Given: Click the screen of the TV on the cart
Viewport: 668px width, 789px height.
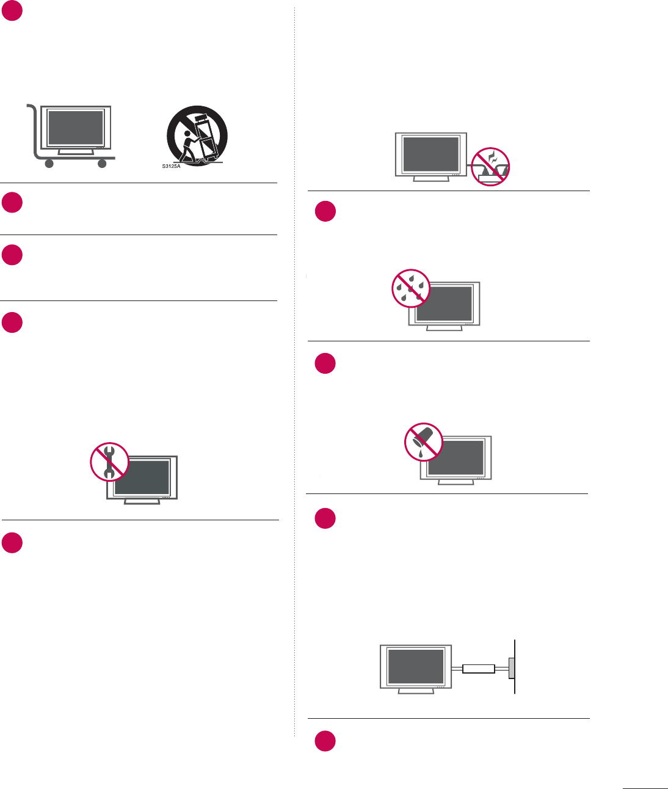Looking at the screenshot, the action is click(x=76, y=128).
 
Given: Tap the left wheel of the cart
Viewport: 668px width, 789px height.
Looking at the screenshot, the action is click(x=49, y=163).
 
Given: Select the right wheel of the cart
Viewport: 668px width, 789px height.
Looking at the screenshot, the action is click(x=102, y=163).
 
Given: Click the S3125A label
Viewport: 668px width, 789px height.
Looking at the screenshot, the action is click(x=171, y=166).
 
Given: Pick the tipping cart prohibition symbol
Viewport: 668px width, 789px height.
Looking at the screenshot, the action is click(x=197, y=136).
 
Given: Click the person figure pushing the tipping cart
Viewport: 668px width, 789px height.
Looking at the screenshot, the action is click(x=187, y=149).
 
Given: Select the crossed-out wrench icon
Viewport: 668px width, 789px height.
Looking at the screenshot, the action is click(x=109, y=462).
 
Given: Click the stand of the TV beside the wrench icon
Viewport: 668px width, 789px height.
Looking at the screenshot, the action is click(x=142, y=501).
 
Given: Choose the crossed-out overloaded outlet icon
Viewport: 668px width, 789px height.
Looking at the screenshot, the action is click(x=490, y=167).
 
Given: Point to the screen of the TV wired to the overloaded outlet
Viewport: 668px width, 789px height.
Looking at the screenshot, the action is click(x=431, y=155).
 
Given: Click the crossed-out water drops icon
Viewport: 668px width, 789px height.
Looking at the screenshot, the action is click(x=411, y=288).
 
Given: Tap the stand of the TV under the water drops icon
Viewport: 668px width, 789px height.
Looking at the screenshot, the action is click(x=444, y=328).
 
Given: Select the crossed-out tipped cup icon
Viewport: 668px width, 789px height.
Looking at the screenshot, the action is click(x=424, y=442).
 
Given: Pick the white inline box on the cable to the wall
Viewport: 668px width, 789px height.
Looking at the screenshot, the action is click(x=479, y=669).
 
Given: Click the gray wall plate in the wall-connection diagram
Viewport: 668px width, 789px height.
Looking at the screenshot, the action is click(x=512, y=669).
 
